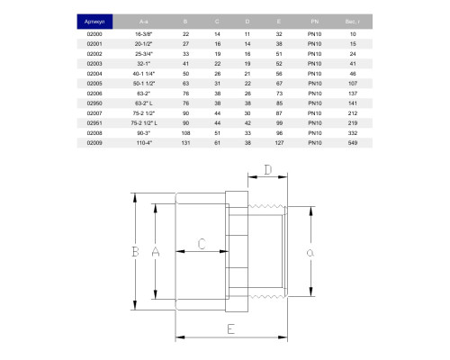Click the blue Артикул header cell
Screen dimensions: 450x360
pyautogui.click(x=94, y=22)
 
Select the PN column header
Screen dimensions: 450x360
pyautogui.click(x=315, y=22)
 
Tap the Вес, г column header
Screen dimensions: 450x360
pyautogui.click(x=353, y=22)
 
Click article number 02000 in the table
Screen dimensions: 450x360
pyautogui.click(x=94, y=34)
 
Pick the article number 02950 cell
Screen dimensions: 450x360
pyautogui.click(x=94, y=103)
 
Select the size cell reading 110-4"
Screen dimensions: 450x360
pyautogui.click(x=144, y=143)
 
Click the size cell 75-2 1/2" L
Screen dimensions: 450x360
pyautogui.click(x=144, y=123)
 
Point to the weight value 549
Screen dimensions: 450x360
pyautogui.click(x=353, y=143)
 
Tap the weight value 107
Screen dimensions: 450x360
pyautogui.click(x=353, y=84)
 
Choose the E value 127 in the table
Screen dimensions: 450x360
pyautogui.click(x=279, y=143)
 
